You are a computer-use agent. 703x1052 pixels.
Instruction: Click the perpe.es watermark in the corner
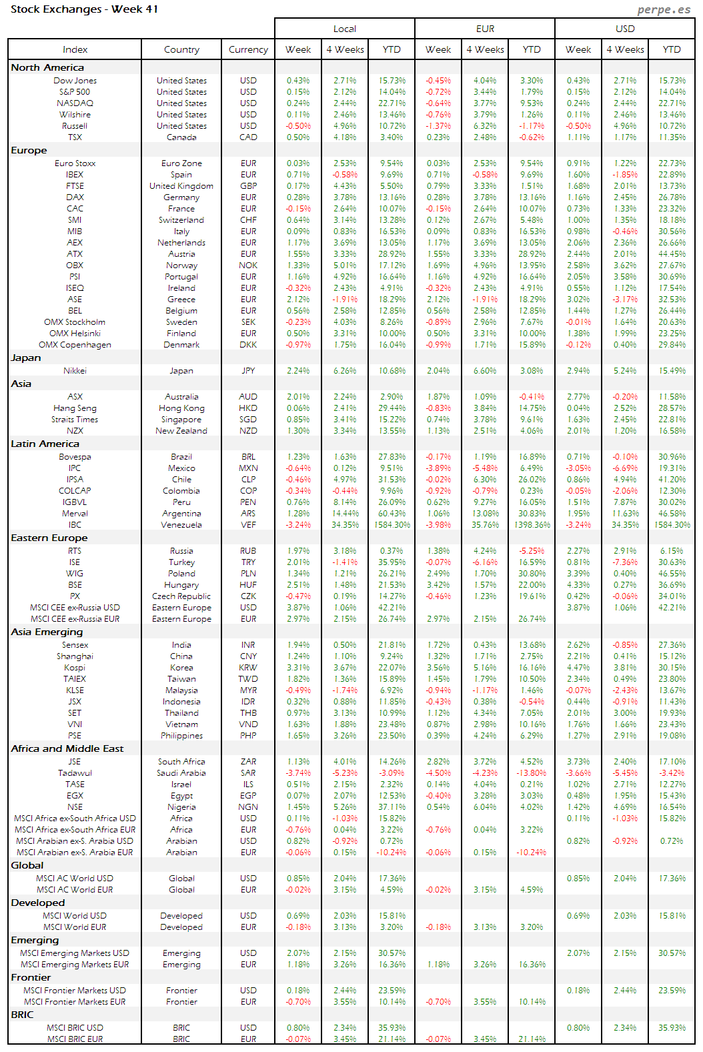pos(663,9)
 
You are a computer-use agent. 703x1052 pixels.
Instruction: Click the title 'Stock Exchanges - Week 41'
pos(84,9)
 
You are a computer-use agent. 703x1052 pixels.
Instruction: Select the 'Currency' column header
pos(248,49)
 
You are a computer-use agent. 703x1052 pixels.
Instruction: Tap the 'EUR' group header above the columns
pos(485,29)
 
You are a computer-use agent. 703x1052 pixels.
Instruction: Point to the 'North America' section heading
pos(47,67)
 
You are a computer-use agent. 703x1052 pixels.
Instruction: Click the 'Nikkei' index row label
pos(75,371)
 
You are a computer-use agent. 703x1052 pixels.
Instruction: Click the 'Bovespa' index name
pos(75,457)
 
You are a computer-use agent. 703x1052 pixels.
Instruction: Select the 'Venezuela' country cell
pos(181,525)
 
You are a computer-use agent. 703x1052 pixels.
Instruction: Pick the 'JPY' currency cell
pos(248,371)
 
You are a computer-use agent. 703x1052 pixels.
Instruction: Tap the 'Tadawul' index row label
pos(75,773)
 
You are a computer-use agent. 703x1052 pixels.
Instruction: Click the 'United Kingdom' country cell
pos(181,186)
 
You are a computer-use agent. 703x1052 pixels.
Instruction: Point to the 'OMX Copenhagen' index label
pos(75,345)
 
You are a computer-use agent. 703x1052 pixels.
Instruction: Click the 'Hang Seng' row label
pos(75,408)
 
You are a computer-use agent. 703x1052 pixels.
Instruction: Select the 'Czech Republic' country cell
pos(181,596)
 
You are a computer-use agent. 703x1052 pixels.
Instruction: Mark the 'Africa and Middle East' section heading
pos(67,748)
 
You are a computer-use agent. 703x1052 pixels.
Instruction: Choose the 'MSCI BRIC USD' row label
pos(75,1028)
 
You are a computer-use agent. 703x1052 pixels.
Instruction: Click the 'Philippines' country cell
pos(181,736)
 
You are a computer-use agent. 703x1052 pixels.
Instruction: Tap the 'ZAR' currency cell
pos(248,762)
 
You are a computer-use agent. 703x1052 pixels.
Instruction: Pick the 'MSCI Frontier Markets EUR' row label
pos(75,1002)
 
